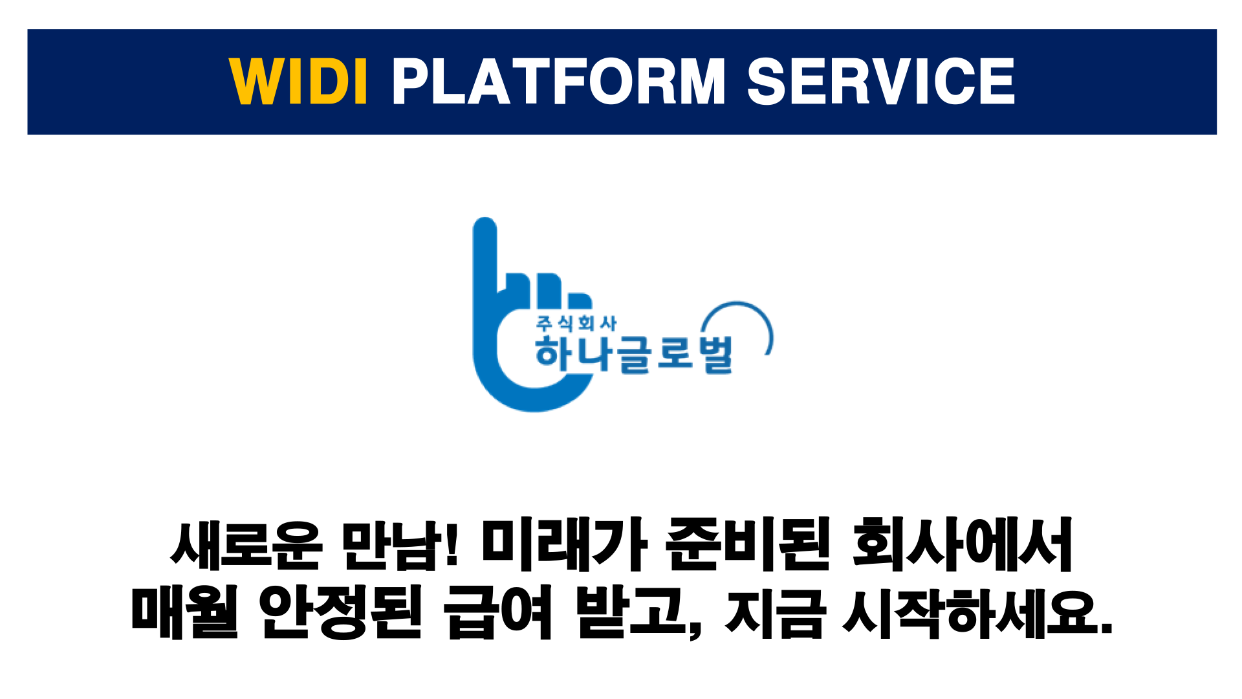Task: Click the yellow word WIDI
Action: pyautogui.click(x=299, y=81)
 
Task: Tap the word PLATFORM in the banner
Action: pyautogui.click(x=559, y=81)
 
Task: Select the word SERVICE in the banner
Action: pyautogui.click(x=881, y=81)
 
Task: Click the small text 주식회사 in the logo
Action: pyautogui.click(x=576, y=323)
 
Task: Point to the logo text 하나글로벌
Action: pyautogui.click(x=634, y=354)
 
